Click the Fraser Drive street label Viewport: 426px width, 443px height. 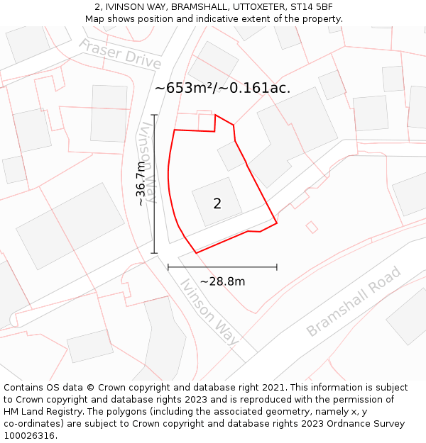119,53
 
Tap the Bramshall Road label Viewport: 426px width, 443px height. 354,301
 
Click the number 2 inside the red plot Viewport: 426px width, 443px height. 217,204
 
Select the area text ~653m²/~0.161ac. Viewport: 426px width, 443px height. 222,88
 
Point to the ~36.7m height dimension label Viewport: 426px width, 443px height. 141,184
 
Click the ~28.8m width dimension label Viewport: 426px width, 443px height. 222,281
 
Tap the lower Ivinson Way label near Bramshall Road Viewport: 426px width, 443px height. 209,312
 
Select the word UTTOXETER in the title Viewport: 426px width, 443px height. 247,7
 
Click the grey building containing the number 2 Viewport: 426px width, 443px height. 217,201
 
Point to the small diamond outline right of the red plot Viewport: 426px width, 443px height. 311,227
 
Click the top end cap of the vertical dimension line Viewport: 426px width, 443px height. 154,115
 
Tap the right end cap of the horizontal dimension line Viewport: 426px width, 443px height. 276,267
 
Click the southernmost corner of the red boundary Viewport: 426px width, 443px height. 196,253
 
